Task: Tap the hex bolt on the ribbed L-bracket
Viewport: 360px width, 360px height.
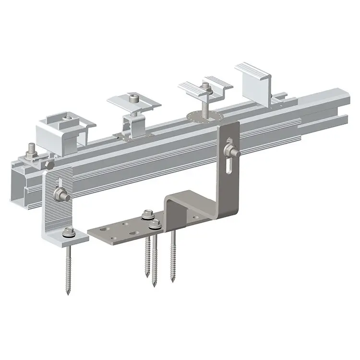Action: tap(62, 195)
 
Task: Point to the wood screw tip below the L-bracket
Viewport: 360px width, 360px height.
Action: tap(68, 291)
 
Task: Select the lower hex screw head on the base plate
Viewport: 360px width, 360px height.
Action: tap(155, 224)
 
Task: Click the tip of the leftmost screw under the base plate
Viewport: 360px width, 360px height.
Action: tap(146, 275)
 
